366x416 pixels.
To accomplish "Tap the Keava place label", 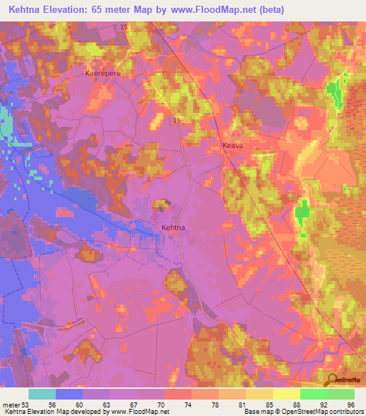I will (x=233, y=145).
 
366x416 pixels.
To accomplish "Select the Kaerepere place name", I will (x=101, y=73).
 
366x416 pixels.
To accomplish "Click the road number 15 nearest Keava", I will (x=176, y=121).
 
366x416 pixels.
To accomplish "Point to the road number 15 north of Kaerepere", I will (x=124, y=26).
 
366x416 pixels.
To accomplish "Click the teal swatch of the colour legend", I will (x=42, y=394).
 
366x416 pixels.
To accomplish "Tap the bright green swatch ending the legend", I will (x=341, y=394).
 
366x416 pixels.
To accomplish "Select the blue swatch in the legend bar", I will (x=69, y=394).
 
